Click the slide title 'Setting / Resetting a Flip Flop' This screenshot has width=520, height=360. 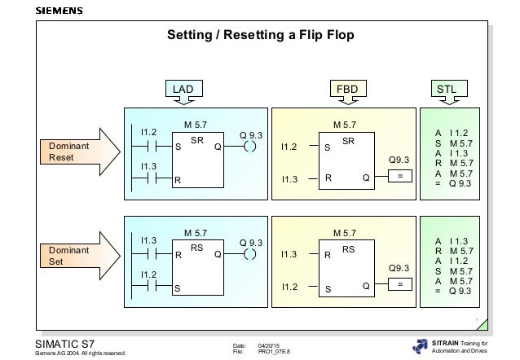260,36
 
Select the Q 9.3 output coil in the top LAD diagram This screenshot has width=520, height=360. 250,147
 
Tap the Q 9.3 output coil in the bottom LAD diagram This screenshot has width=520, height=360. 250,254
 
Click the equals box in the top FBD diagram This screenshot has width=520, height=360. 399,176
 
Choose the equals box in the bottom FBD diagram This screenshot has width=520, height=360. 399,284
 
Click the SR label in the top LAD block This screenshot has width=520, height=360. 196,139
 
